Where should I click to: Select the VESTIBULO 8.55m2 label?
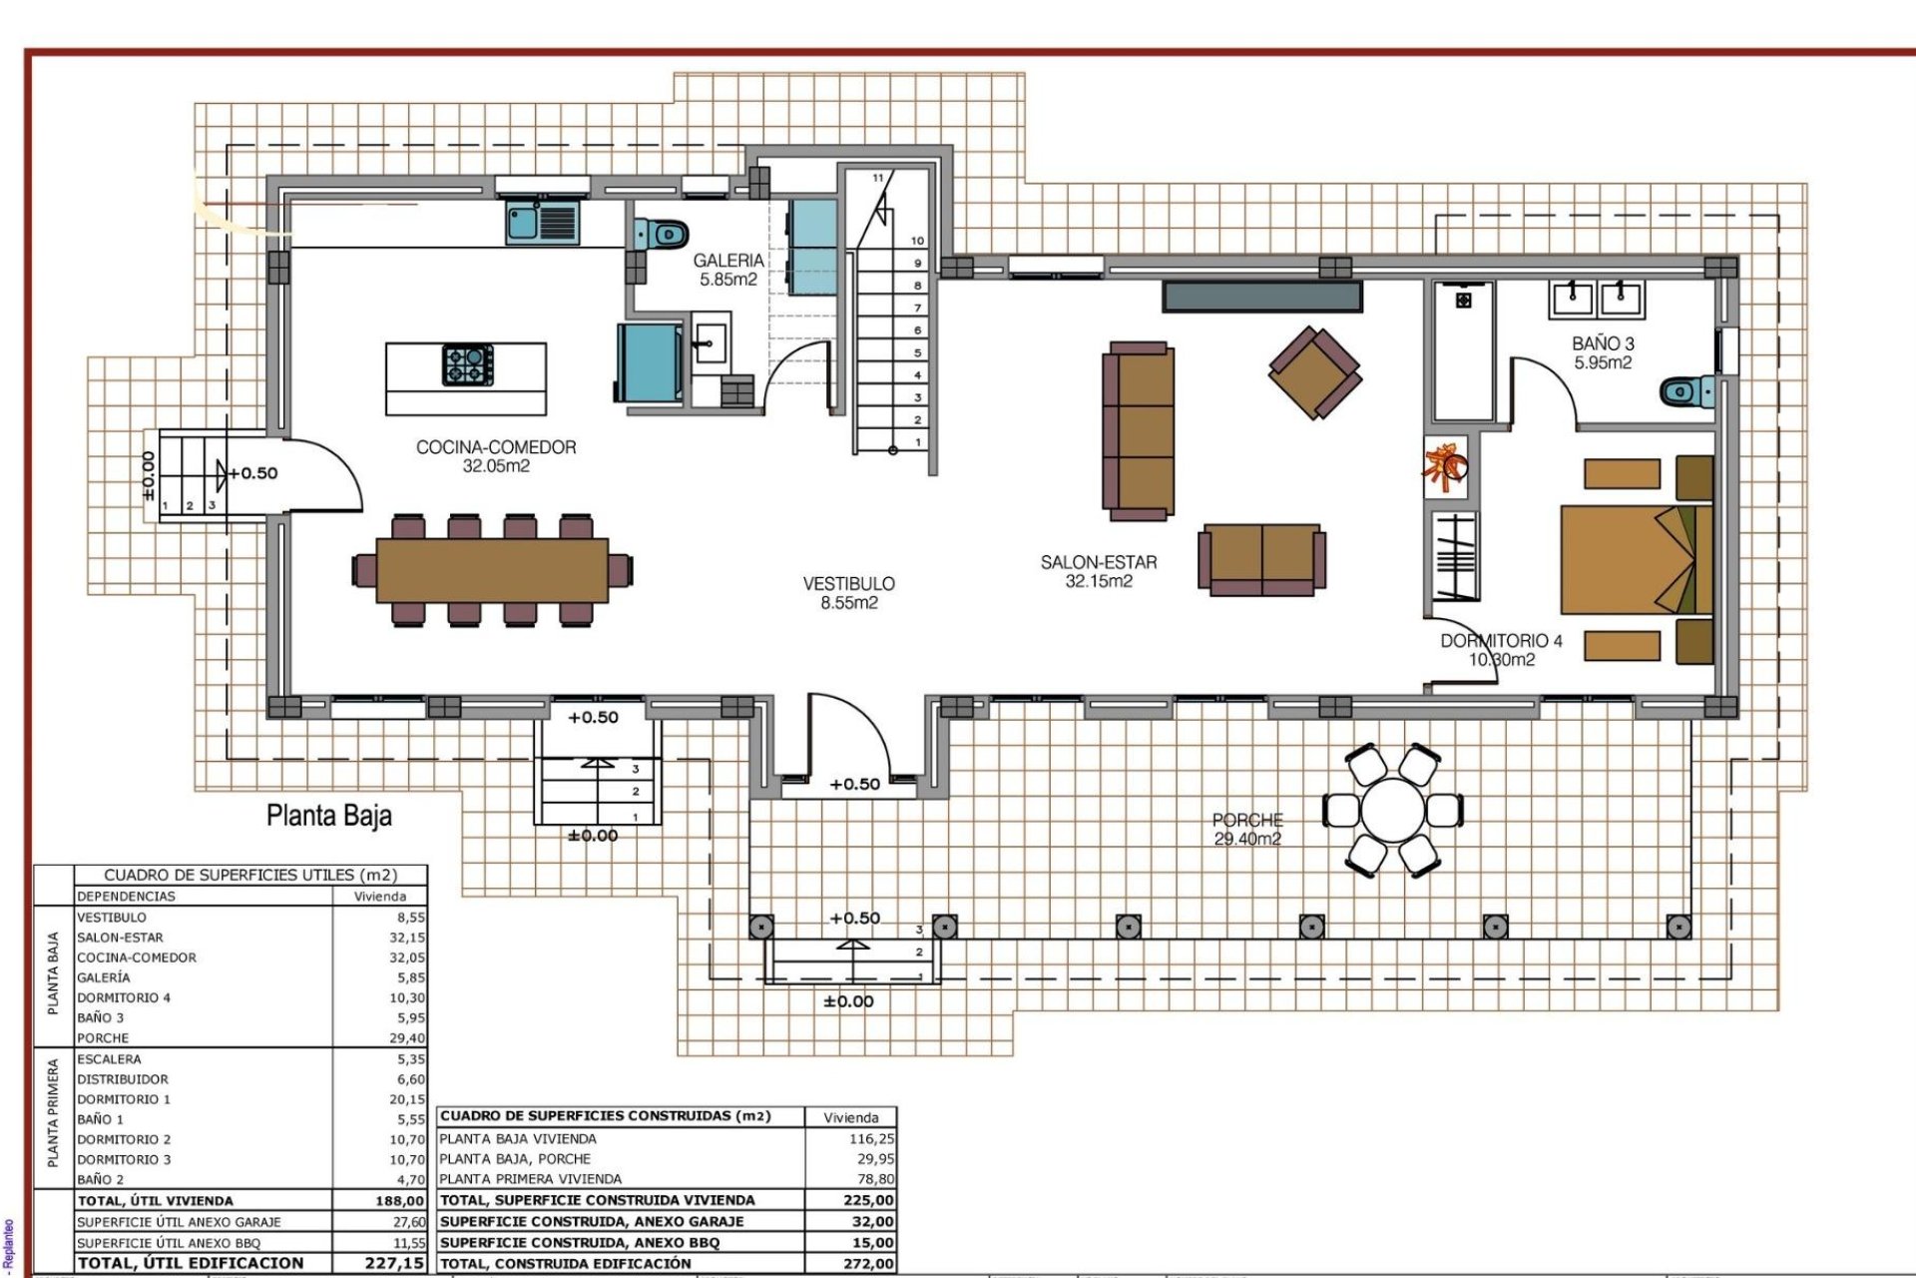pyautogui.click(x=849, y=592)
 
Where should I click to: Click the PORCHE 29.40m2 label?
pyautogui.click(x=1247, y=829)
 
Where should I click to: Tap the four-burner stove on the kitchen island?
pyautogui.click(x=468, y=364)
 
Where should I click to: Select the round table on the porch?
pyautogui.click(x=1393, y=811)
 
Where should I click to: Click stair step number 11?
pyautogui.click(x=878, y=178)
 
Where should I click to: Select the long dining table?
pyautogui.click(x=492, y=570)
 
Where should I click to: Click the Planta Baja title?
pyautogui.click(x=329, y=816)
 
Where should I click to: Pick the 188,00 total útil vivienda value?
pyautogui.click(x=400, y=1201)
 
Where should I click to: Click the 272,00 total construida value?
pyautogui.click(x=867, y=1263)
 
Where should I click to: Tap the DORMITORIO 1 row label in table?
pyautogui.click(x=124, y=1099)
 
